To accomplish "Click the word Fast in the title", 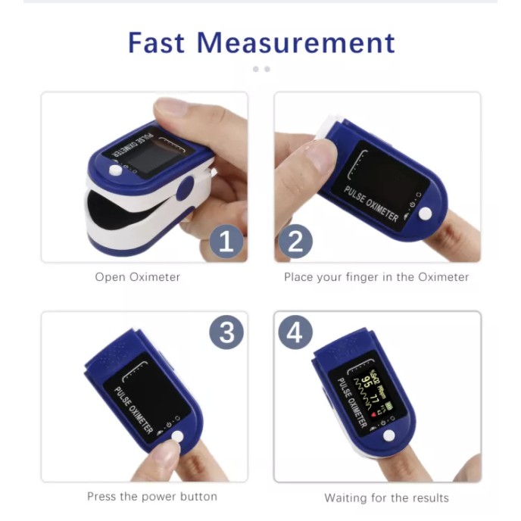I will pos(157,42).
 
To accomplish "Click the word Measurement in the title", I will pos(295,42).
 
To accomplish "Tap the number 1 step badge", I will pos(226,242).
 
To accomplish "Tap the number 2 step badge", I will pos(296,242).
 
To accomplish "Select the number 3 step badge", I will pos(226,332).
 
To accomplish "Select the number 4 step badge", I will pos(296,332).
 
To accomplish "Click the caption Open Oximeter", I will pos(137,277).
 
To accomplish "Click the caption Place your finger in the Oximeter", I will pos(376,277).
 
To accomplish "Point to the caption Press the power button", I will pos(151,497).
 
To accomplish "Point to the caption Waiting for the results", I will pos(386,498).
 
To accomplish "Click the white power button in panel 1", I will pos(115,170).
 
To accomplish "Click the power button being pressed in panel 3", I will pos(178,437).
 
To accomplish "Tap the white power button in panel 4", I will pos(388,435).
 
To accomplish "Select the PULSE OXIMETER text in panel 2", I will pos(371,203).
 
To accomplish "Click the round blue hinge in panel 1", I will pos(185,188).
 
